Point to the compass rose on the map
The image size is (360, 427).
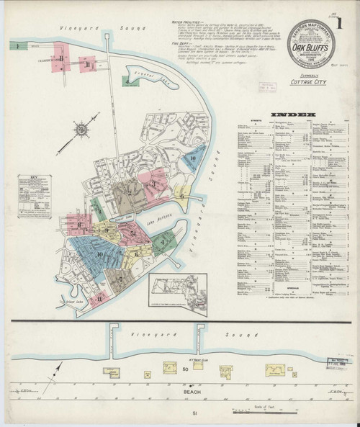[82, 130]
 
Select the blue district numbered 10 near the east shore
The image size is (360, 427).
[193, 158]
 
